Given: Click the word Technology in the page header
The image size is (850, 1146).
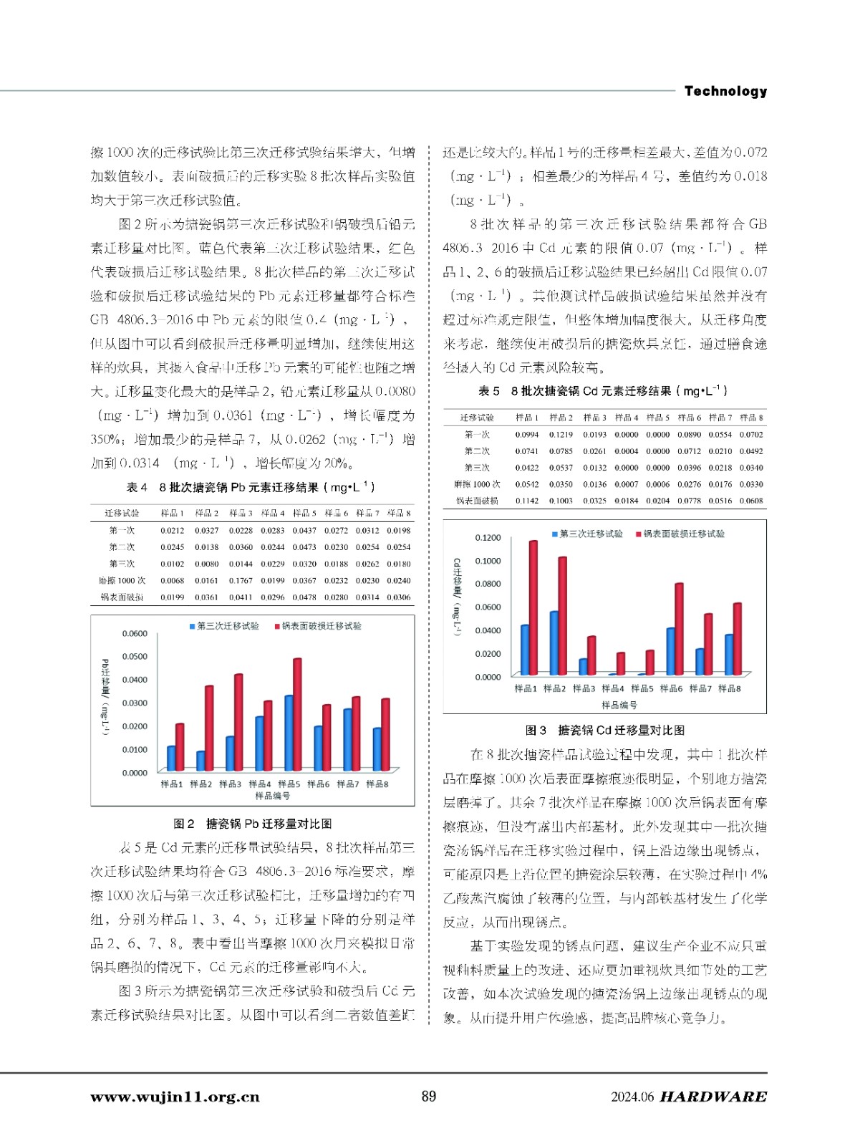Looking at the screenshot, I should pos(725,91).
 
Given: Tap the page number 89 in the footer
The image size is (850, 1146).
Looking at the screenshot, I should pos(428,1096).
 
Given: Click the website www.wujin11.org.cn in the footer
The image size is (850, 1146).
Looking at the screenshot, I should pos(175,1097).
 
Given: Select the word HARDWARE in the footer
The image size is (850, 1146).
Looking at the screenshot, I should pos(713,1097).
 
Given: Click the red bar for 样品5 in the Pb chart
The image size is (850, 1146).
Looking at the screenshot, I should pos(297,713).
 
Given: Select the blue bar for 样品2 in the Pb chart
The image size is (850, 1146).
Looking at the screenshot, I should pos(201,760).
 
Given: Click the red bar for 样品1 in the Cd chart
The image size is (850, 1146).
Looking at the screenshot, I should pos(533,607).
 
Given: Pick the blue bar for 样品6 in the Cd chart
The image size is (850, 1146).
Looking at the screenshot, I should pos(670,651).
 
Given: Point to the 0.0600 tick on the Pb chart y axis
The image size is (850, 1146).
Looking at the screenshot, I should pos(134,633).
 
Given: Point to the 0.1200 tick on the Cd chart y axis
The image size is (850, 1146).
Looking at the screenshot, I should pos(488,537).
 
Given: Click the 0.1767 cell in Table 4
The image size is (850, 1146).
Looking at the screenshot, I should pos(240,580).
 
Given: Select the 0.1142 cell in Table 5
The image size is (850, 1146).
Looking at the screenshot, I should pos(526,501).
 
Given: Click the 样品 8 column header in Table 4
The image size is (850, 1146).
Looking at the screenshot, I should pos(399,513).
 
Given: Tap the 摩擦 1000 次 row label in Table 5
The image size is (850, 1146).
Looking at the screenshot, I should pos(477,484).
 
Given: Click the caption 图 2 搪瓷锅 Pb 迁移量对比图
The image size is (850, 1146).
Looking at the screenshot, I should pos(252,824).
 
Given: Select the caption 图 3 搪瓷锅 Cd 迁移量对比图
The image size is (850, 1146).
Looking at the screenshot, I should pos(604,730).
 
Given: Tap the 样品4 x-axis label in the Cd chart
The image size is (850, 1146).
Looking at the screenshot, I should pos(612,688).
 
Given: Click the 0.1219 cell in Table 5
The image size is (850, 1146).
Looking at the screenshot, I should pos(561,434).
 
